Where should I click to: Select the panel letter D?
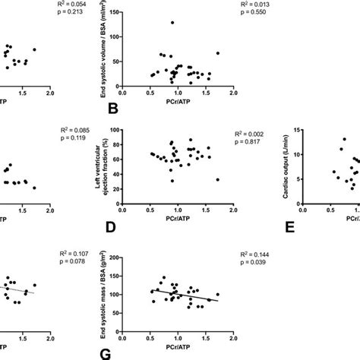(x=113, y=227)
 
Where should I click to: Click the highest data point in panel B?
(x=172, y=23)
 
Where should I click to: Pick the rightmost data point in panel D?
(x=217, y=179)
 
